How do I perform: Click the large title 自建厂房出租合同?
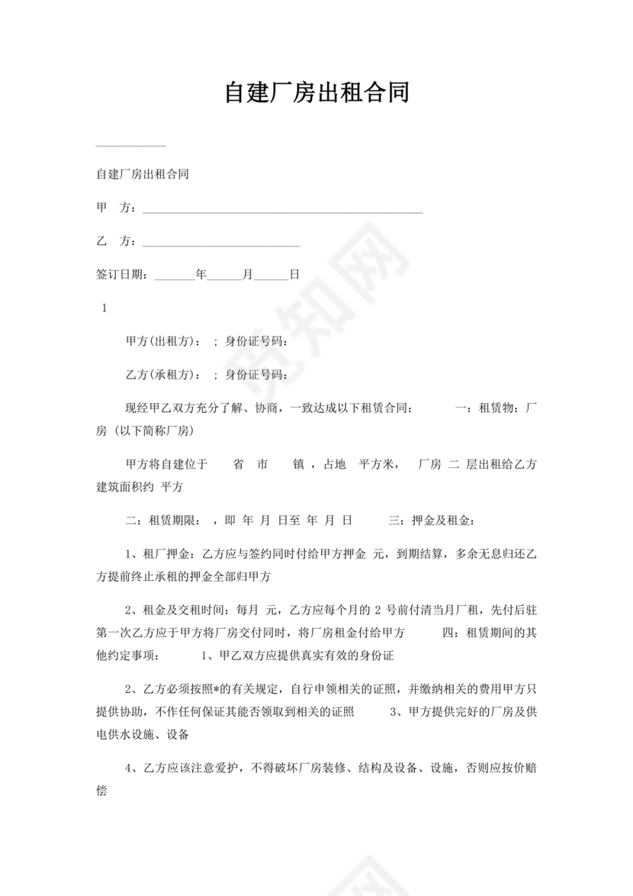click(316, 92)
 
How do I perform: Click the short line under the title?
click(130, 145)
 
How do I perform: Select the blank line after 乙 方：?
click(221, 245)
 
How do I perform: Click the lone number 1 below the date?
click(104, 308)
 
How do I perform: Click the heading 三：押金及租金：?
click(432, 521)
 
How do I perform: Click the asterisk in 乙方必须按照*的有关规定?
click(216, 691)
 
